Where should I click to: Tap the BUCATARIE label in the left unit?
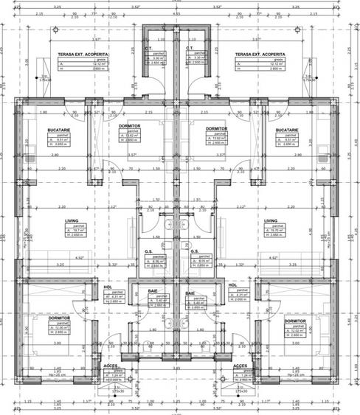49,130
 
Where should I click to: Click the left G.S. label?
149,252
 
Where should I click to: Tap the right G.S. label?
195,252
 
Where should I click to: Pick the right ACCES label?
240,366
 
